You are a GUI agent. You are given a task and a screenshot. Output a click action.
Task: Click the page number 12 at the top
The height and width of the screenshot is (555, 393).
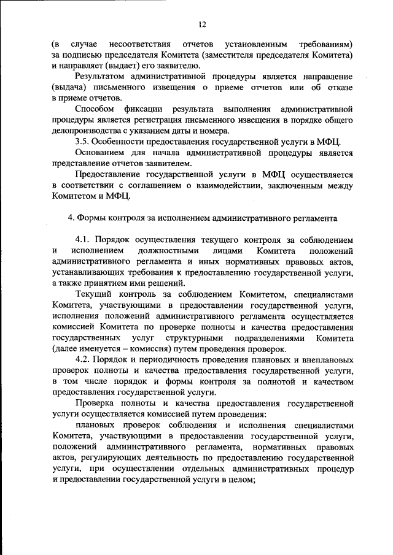[201, 25]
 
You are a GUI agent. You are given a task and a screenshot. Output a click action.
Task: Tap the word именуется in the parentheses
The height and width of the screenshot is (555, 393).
[101, 349]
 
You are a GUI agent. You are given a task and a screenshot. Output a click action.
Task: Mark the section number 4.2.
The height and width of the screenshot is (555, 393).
[83, 360]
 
